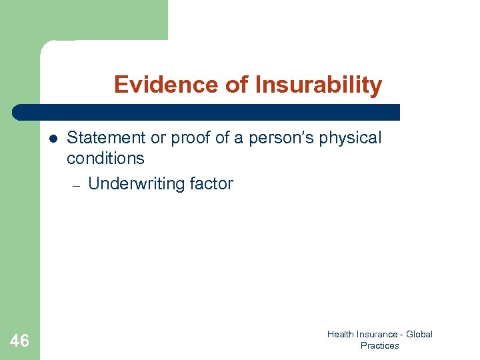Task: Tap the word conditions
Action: [x=105, y=158]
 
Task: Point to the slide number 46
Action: [x=20, y=341]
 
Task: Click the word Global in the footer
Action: [x=419, y=334]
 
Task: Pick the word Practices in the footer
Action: [x=379, y=345]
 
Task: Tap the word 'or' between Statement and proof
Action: [x=158, y=138]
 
